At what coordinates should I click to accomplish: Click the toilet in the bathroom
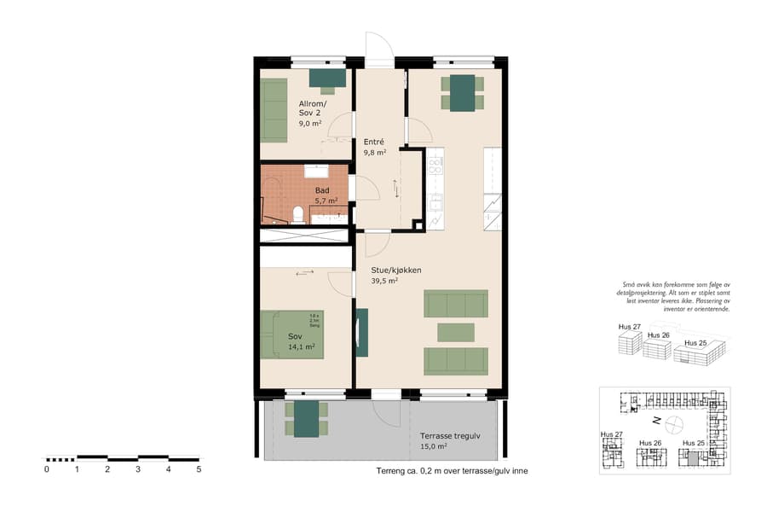click(x=298, y=213)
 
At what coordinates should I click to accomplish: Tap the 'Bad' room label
click(x=322, y=190)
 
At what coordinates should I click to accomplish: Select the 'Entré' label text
click(x=374, y=142)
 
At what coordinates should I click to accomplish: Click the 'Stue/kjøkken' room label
click(x=395, y=271)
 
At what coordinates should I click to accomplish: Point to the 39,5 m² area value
click(x=384, y=281)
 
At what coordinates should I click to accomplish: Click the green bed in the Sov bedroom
click(x=292, y=334)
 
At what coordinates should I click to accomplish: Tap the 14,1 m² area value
click(x=302, y=347)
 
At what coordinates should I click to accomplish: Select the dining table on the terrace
click(x=306, y=418)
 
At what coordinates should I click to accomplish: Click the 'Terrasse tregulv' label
click(x=450, y=435)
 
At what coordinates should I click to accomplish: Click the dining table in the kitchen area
click(x=463, y=93)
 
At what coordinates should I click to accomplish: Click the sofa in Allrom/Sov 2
click(x=274, y=110)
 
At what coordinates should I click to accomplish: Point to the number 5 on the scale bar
click(x=199, y=469)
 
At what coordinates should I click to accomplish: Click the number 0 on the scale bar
click(x=47, y=469)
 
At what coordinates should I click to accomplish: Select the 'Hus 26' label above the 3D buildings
click(x=659, y=335)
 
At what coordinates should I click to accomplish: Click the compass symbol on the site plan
click(x=674, y=422)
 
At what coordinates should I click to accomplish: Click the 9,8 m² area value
click(x=375, y=153)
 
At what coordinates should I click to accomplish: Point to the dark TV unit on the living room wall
click(x=362, y=332)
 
